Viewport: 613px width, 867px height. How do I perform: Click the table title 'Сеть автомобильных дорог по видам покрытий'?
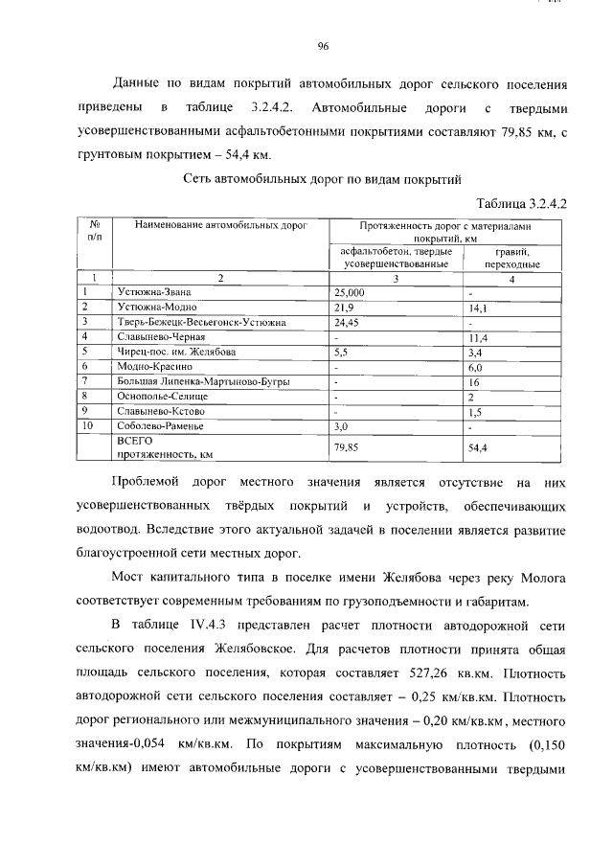322,178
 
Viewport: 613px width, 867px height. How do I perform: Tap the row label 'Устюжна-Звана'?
153,291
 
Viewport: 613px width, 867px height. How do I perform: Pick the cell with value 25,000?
349,291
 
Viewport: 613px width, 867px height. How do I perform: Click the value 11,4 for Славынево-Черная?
477,337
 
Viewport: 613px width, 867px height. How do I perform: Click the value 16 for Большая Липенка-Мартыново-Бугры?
473,381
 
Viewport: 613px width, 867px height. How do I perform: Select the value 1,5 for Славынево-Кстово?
474,412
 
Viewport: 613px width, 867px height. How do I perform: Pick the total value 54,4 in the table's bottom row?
477,447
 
